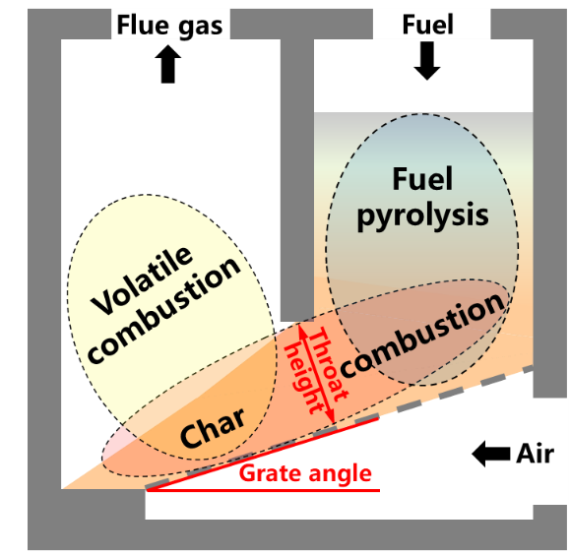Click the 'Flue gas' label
pyautogui.click(x=169, y=26)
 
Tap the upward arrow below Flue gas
pyautogui.click(x=168, y=64)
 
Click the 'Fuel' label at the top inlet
pyautogui.click(x=427, y=25)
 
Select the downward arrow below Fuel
pyautogui.click(x=427, y=61)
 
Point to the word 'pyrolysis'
pyautogui.click(x=422, y=216)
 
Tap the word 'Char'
pyautogui.click(x=213, y=428)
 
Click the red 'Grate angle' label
pyautogui.click(x=305, y=474)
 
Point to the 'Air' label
pyautogui.click(x=536, y=454)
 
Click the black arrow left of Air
pyautogui.click(x=491, y=454)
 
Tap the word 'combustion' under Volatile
pyautogui.click(x=164, y=310)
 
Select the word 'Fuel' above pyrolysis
pyautogui.click(x=422, y=179)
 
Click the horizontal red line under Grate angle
pyautogui.click(x=264, y=490)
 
